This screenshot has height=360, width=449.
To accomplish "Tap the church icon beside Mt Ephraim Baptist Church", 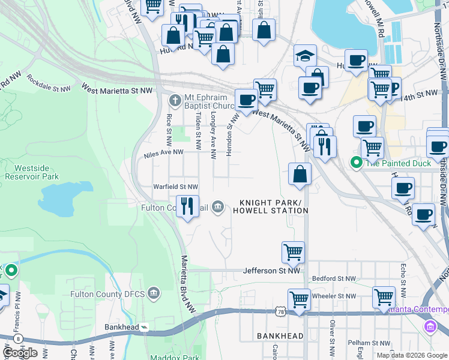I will pos(175,100).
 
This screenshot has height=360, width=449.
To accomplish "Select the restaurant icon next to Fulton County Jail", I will pos(187,206).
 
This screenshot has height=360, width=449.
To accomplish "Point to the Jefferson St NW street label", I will pos(271,271).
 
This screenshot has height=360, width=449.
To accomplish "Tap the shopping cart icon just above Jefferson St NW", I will pos(293,252).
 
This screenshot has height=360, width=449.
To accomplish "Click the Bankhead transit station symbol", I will pos(145,328).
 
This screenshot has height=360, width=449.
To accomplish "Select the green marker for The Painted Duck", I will pos(356,163).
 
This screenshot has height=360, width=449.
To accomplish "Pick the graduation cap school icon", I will pos(305,56).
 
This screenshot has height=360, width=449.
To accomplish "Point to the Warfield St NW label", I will pos(175,187).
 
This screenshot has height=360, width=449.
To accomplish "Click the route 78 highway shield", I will pos(281,311).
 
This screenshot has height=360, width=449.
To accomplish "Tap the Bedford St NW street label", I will pos(334,279).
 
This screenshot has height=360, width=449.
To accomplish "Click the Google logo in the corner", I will pos(19,352).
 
